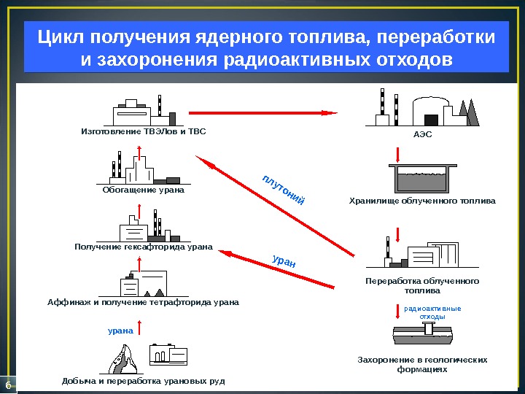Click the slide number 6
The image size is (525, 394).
coord(8,385)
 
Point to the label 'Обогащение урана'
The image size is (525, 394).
coord(139,190)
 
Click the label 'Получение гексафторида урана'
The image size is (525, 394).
coord(143,247)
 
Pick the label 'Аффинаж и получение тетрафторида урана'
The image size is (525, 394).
coord(143,301)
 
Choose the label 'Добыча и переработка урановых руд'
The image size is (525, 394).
coord(144,381)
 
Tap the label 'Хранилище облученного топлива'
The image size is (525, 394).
coord(422,200)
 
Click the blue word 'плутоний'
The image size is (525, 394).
coord(283,189)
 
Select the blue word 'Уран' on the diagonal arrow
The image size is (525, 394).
coord(284,260)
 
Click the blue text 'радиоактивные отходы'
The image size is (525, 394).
coord(432,312)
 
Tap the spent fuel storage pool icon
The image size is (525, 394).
coord(422,178)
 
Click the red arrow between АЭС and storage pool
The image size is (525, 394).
coord(398,154)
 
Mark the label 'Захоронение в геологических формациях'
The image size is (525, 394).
coord(422,365)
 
